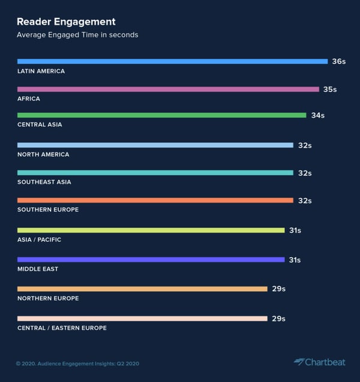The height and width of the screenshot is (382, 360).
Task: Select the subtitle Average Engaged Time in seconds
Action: tap(77, 35)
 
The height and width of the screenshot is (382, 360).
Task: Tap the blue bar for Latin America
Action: tap(172, 61)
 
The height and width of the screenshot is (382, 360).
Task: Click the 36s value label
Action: tap(339, 61)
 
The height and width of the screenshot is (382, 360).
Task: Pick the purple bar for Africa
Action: tap(168, 89)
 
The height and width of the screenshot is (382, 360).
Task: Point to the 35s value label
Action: tap(330, 89)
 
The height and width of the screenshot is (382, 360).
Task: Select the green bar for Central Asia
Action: tap(161, 115)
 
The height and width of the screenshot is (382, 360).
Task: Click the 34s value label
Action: tap(317, 115)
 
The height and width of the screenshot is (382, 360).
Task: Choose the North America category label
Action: tap(43, 154)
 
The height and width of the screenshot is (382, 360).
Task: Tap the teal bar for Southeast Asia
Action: tap(155, 173)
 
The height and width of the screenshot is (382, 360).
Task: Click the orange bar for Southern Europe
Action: tap(155, 201)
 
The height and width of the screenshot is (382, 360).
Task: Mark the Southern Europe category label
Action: tap(48, 210)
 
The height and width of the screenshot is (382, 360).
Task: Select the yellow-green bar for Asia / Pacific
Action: tap(151, 230)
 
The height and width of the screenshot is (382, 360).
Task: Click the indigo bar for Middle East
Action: tap(151, 259)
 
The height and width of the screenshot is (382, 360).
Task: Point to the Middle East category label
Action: tap(38, 269)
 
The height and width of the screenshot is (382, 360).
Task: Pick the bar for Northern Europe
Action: tap(142, 289)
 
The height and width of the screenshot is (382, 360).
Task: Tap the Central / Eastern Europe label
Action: tap(62, 328)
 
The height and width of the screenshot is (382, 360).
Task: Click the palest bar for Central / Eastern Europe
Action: tap(142, 318)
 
